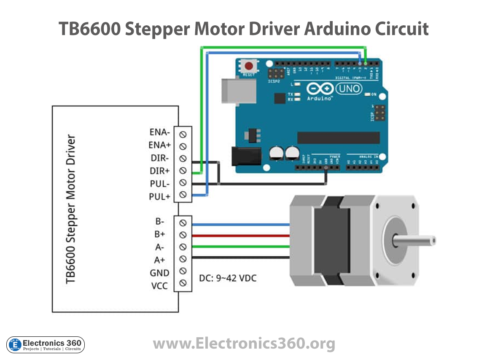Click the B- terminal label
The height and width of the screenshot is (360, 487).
tap(159, 220)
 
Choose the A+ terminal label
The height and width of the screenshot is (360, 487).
tap(159, 259)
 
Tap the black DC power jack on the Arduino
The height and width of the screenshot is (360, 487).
tap(245, 157)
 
